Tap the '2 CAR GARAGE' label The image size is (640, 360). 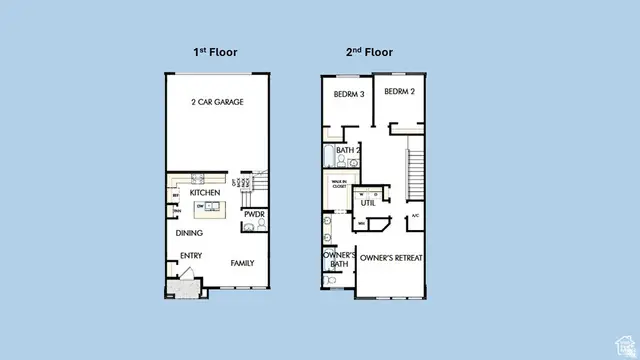pos(218,102)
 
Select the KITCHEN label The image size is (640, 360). pos(205,192)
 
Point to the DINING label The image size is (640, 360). pos(189,233)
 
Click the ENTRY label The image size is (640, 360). pos(191,255)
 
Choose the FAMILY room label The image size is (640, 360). pos(242,263)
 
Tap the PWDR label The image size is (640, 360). pos(253,212)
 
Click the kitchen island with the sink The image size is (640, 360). pos(211,208)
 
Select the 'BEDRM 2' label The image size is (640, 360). pos(399,91)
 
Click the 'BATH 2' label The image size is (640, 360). pos(347,150)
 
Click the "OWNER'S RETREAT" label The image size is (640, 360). pos(392,257)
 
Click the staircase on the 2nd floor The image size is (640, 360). pos(413,174)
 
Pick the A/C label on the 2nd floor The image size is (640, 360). pos(415,217)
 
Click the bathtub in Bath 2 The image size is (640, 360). pos(329,155)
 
